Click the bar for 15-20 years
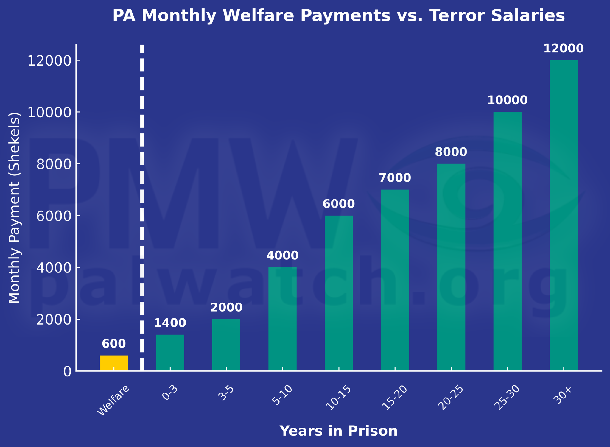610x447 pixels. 395,280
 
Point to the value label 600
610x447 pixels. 114,344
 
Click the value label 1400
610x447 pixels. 170,323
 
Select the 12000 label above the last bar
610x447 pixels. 564,49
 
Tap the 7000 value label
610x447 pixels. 395,178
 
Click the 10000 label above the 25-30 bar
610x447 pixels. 507,100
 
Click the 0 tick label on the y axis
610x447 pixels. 67,371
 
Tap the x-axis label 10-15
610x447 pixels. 338,398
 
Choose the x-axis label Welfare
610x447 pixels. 113,401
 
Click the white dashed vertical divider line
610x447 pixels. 142,208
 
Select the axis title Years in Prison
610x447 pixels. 338,431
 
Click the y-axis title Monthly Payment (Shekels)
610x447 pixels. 14,208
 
